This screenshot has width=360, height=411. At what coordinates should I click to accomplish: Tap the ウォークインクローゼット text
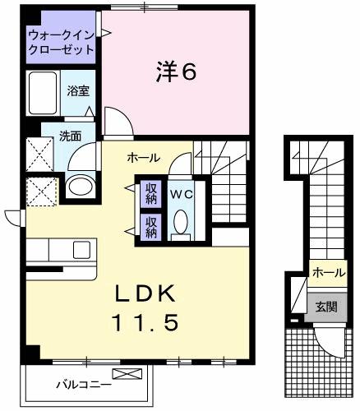(x=61, y=42)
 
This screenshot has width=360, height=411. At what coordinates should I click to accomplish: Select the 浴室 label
(x=78, y=91)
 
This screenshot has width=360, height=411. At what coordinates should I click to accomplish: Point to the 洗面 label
(x=69, y=136)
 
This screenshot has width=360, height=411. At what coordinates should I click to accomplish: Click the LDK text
(x=145, y=293)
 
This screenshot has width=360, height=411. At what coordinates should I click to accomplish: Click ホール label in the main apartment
(x=143, y=158)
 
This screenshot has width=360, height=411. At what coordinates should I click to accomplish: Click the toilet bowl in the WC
(x=181, y=223)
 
